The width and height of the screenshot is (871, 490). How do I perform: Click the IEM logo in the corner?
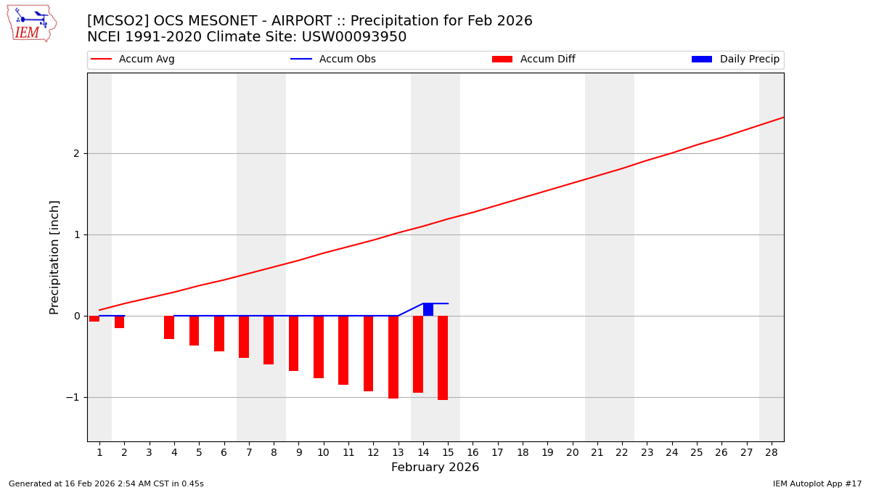pos(31,23)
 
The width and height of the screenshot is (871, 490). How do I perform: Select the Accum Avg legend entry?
pos(133,60)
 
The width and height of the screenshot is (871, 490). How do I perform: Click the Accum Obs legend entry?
pos(333,60)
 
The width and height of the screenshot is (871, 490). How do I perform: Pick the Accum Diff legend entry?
pos(533,60)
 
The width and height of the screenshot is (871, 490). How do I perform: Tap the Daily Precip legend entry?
pos(735,60)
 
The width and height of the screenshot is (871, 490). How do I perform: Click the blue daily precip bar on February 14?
pos(428,310)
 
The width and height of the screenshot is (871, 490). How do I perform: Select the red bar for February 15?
pos(443,357)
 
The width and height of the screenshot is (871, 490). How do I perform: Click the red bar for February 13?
pos(393,356)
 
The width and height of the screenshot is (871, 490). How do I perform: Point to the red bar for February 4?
pos(169,327)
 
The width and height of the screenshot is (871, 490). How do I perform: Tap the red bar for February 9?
pos(293,343)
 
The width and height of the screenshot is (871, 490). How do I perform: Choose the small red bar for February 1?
pos(94,319)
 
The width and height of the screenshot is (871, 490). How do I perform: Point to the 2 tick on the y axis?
pos(75,154)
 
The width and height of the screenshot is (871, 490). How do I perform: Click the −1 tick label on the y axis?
pos(73,398)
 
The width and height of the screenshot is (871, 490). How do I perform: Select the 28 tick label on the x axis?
pos(772,452)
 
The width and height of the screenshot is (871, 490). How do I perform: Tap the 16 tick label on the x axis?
pos(473,452)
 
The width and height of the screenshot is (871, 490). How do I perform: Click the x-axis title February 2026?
pos(435,467)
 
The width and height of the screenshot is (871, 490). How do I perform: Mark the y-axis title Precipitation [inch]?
pos(55,257)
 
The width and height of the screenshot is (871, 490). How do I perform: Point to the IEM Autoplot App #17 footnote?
pos(817,483)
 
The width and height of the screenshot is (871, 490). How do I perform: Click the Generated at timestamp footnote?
pos(106,483)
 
